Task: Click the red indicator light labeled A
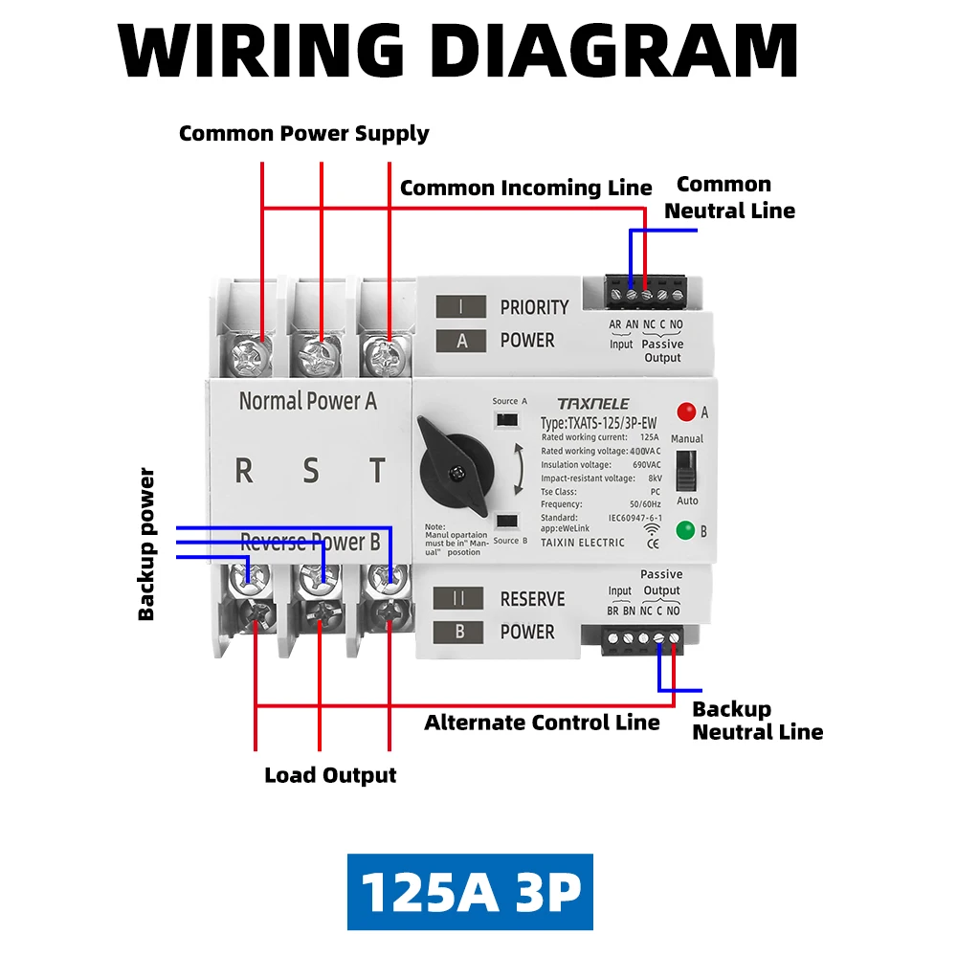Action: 685,412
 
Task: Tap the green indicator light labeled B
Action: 685,530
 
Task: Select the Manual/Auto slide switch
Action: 685,470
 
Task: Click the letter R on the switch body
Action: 244,471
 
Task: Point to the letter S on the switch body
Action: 311,471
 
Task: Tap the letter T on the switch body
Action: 378,471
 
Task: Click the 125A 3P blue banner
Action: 470,892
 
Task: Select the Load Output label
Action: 330,775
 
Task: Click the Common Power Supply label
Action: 304,133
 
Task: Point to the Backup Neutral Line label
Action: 757,721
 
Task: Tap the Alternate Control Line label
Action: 542,723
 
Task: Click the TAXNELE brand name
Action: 593,404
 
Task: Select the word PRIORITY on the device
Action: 534,307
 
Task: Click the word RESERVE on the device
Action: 532,599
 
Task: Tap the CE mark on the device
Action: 654,545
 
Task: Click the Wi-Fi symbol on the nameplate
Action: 652,526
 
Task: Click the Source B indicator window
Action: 507,522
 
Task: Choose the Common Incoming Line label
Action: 525,188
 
